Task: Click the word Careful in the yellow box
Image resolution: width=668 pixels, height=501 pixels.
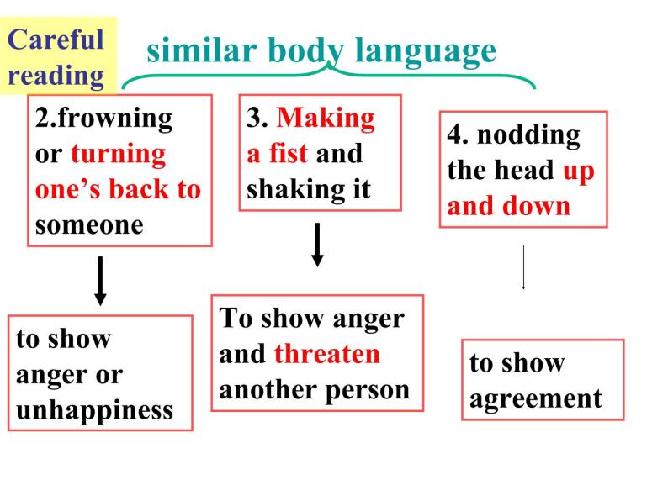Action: (x=56, y=39)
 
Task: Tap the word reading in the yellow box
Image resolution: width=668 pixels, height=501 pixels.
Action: (x=56, y=76)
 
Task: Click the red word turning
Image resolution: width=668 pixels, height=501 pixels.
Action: (x=119, y=154)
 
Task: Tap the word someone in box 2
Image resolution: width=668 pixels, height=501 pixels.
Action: (x=89, y=225)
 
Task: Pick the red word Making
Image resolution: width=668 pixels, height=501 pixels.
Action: (x=326, y=118)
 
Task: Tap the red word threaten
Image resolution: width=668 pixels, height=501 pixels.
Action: (x=327, y=354)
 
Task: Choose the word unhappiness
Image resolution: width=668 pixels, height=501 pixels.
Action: (x=94, y=409)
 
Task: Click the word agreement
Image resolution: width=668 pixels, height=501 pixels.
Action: (x=536, y=398)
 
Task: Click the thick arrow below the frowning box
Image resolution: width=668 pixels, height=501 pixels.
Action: (x=100, y=281)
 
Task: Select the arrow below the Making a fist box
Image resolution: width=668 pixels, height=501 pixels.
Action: (x=317, y=244)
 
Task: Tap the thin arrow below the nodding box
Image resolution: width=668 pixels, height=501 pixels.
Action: (x=524, y=267)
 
